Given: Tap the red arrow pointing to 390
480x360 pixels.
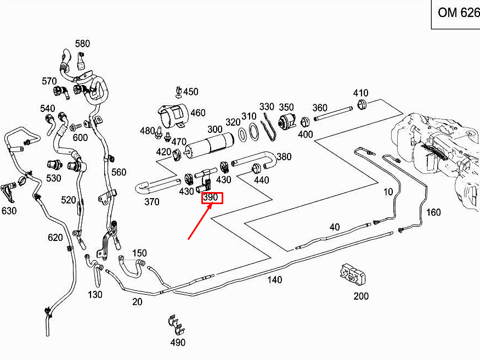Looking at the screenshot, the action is pyautogui.click(x=200, y=221).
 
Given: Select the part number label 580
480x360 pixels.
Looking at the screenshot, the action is pyautogui.click(x=83, y=43).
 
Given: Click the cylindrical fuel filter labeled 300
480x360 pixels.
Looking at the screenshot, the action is pyautogui.click(x=210, y=144).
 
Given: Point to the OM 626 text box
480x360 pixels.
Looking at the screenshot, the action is pyautogui.click(x=456, y=14).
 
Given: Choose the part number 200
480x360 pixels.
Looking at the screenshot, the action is pyautogui.click(x=361, y=296).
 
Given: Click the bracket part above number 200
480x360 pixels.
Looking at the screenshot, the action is pyautogui.click(x=353, y=274).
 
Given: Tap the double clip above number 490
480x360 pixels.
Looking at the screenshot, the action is pyautogui.click(x=176, y=325).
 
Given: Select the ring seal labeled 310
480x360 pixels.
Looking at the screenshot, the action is pyautogui.click(x=253, y=132).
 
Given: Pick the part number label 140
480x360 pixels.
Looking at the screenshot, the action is pyautogui.click(x=275, y=279).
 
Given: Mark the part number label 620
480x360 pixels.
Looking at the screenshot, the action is pyautogui.click(x=55, y=238).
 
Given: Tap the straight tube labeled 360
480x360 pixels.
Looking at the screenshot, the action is pyautogui.click(x=333, y=114).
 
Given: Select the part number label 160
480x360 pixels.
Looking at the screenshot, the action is pyautogui.click(x=433, y=212).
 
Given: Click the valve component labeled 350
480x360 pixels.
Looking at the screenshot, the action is pyautogui.click(x=287, y=121).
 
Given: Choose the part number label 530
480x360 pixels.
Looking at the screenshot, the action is pyautogui.click(x=54, y=178).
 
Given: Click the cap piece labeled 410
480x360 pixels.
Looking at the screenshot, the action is pyautogui.click(x=362, y=104).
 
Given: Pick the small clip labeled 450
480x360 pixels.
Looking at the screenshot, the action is pyautogui.click(x=179, y=92).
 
